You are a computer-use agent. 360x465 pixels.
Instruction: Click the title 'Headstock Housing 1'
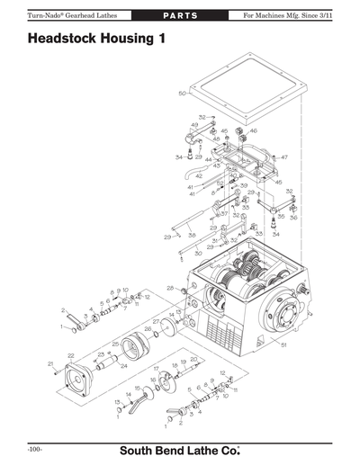coord(96,40)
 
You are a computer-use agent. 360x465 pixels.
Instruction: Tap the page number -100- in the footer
coord(36,447)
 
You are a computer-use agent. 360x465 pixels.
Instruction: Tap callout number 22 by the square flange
coord(71,356)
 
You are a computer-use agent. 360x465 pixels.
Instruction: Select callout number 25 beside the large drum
coord(115,344)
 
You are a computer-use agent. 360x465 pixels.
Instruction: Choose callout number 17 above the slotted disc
coord(155,369)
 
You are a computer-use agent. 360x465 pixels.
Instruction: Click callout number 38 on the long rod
coord(192,236)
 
